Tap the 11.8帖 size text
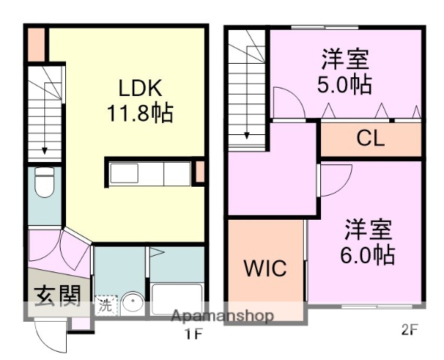139,113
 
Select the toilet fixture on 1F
44,182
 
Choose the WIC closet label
265,268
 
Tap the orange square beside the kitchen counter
199,171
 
